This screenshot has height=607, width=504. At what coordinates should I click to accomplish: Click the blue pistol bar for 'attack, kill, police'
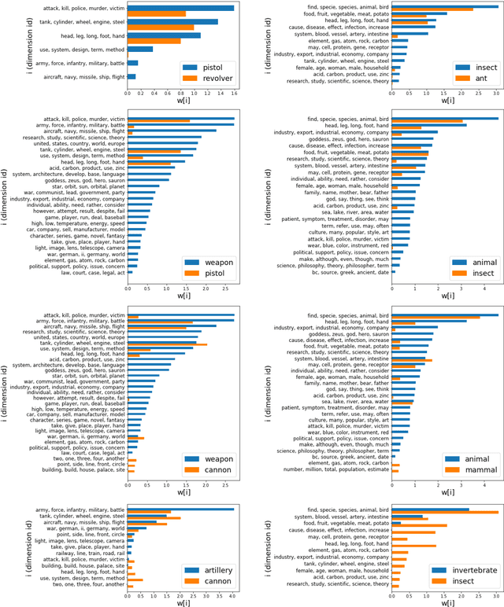180,7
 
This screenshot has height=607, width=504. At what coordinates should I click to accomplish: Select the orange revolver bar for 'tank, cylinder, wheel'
161,28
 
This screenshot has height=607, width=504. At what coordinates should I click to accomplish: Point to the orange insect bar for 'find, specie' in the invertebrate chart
445,513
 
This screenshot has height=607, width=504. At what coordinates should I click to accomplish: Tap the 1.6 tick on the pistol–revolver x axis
233,93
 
